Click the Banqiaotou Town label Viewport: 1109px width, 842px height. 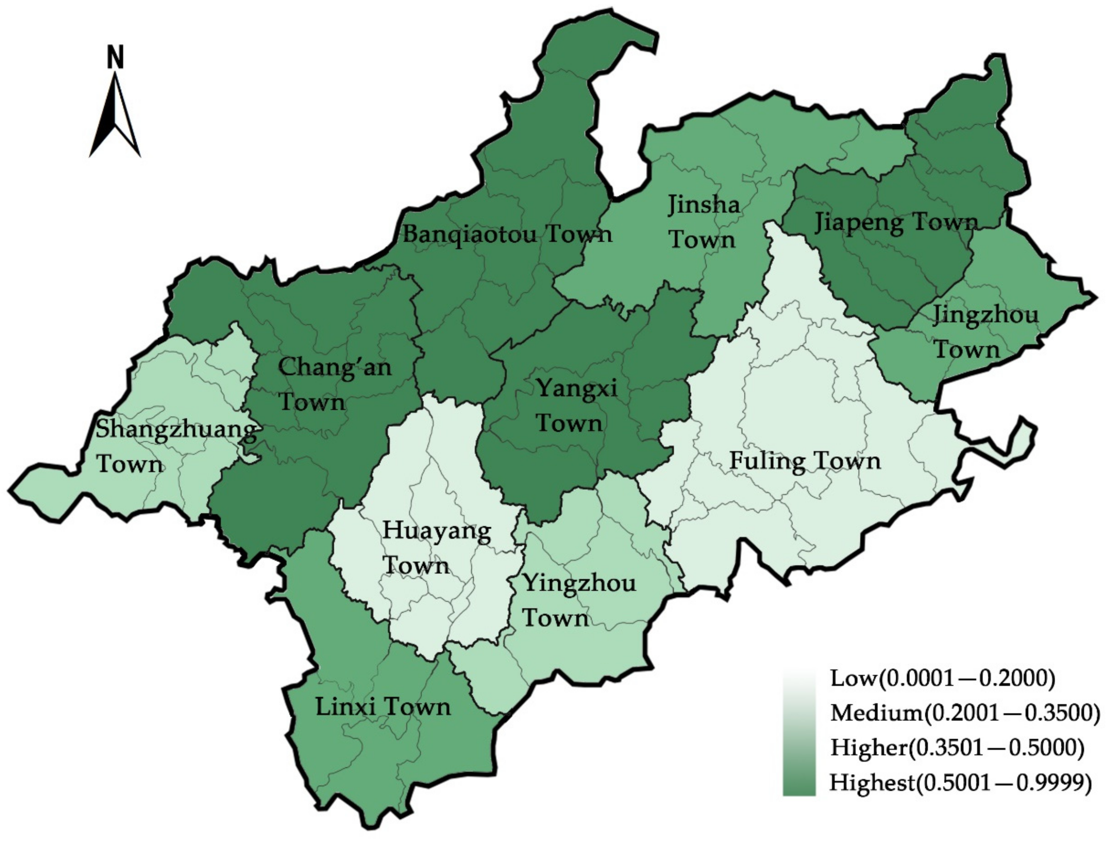point(507,234)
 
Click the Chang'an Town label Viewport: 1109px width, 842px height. point(334,384)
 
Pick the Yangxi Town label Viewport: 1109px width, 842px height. point(576,405)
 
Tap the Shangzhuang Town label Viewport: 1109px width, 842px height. point(176,446)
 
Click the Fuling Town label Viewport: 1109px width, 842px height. point(804,461)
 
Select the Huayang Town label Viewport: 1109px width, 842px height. point(436,548)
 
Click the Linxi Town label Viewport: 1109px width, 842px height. point(383,707)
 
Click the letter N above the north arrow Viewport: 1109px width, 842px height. point(115,57)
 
